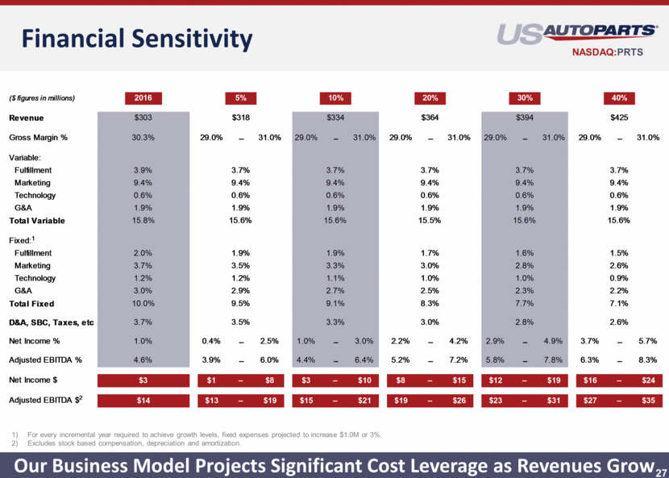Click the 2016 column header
point(144,98)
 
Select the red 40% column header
point(619,98)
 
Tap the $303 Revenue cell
point(144,118)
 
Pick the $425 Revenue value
point(619,118)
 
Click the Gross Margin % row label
point(38,138)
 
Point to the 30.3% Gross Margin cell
point(144,138)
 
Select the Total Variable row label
point(37,220)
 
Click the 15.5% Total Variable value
point(430,220)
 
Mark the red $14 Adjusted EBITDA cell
point(144,401)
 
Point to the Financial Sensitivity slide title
point(136,38)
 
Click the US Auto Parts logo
point(577,33)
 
